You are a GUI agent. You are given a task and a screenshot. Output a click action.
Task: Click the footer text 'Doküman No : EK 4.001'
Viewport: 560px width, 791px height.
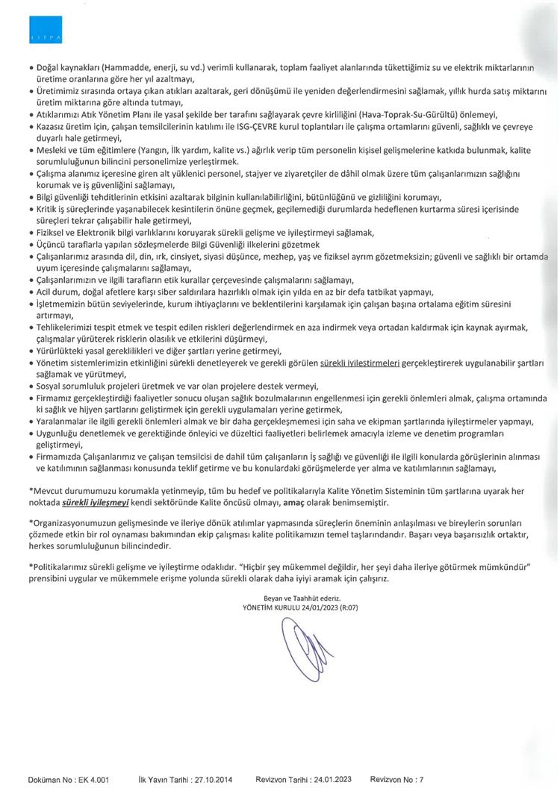[69, 779]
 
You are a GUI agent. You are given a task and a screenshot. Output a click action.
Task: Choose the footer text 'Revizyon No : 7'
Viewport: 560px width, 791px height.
[396, 779]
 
